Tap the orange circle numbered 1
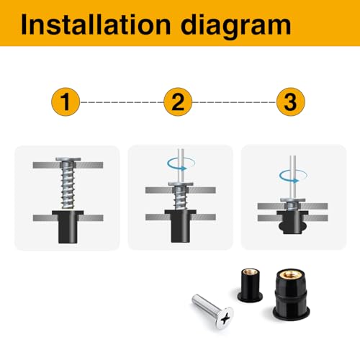click(66, 103)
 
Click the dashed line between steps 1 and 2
click(122, 103)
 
